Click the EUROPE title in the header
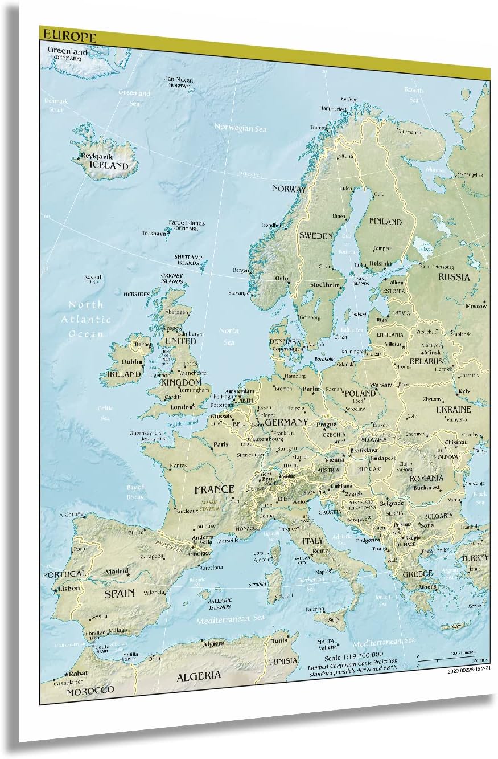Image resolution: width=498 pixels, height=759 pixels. coord(68,36)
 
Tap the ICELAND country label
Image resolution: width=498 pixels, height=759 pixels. coord(109,166)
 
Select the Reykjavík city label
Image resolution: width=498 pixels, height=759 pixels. coord(97,156)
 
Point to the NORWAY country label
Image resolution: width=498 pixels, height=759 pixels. coord(289,189)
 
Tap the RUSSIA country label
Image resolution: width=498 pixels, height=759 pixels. coord(454,277)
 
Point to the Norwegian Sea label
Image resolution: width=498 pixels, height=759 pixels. coord(240,128)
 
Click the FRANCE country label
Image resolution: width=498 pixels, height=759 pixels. coord(214,489)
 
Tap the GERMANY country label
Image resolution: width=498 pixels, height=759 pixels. coord(286,422)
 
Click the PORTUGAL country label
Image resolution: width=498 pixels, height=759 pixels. coord(64,574)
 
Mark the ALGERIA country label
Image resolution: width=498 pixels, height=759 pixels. coord(199,676)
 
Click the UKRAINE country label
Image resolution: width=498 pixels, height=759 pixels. coord(453,409)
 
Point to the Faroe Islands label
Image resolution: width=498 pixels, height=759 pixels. coord(186,223)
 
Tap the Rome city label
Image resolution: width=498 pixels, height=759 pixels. coord(320,550)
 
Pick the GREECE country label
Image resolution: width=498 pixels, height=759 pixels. coord(418,574)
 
